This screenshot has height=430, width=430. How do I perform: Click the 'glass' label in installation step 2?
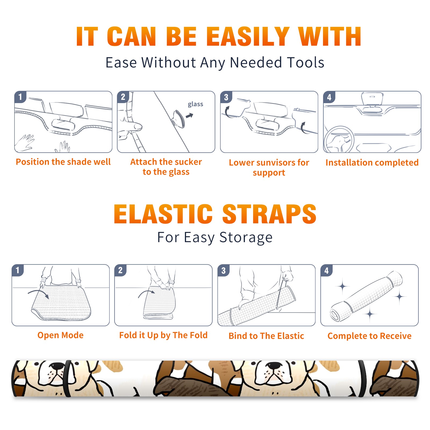(x=195, y=104)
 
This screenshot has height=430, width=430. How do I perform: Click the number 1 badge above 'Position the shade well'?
(x=20, y=97)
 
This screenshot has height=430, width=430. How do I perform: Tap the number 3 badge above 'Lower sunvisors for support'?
(x=226, y=97)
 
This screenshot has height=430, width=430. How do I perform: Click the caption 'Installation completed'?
(x=372, y=162)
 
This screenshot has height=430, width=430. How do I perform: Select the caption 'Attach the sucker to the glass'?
(x=166, y=167)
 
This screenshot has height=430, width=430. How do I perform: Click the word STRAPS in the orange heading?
(x=269, y=214)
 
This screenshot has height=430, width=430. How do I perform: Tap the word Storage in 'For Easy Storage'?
(x=246, y=238)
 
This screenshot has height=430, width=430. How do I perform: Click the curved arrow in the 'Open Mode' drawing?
(x=38, y=292)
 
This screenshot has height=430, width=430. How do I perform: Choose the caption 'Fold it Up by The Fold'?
(x=163, y=335)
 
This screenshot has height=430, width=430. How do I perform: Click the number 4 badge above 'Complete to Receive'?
(x=327, y=270)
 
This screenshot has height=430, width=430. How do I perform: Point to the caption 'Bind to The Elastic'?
(x=266, y=336)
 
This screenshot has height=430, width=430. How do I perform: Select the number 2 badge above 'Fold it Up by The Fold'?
(x=120, y=270)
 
